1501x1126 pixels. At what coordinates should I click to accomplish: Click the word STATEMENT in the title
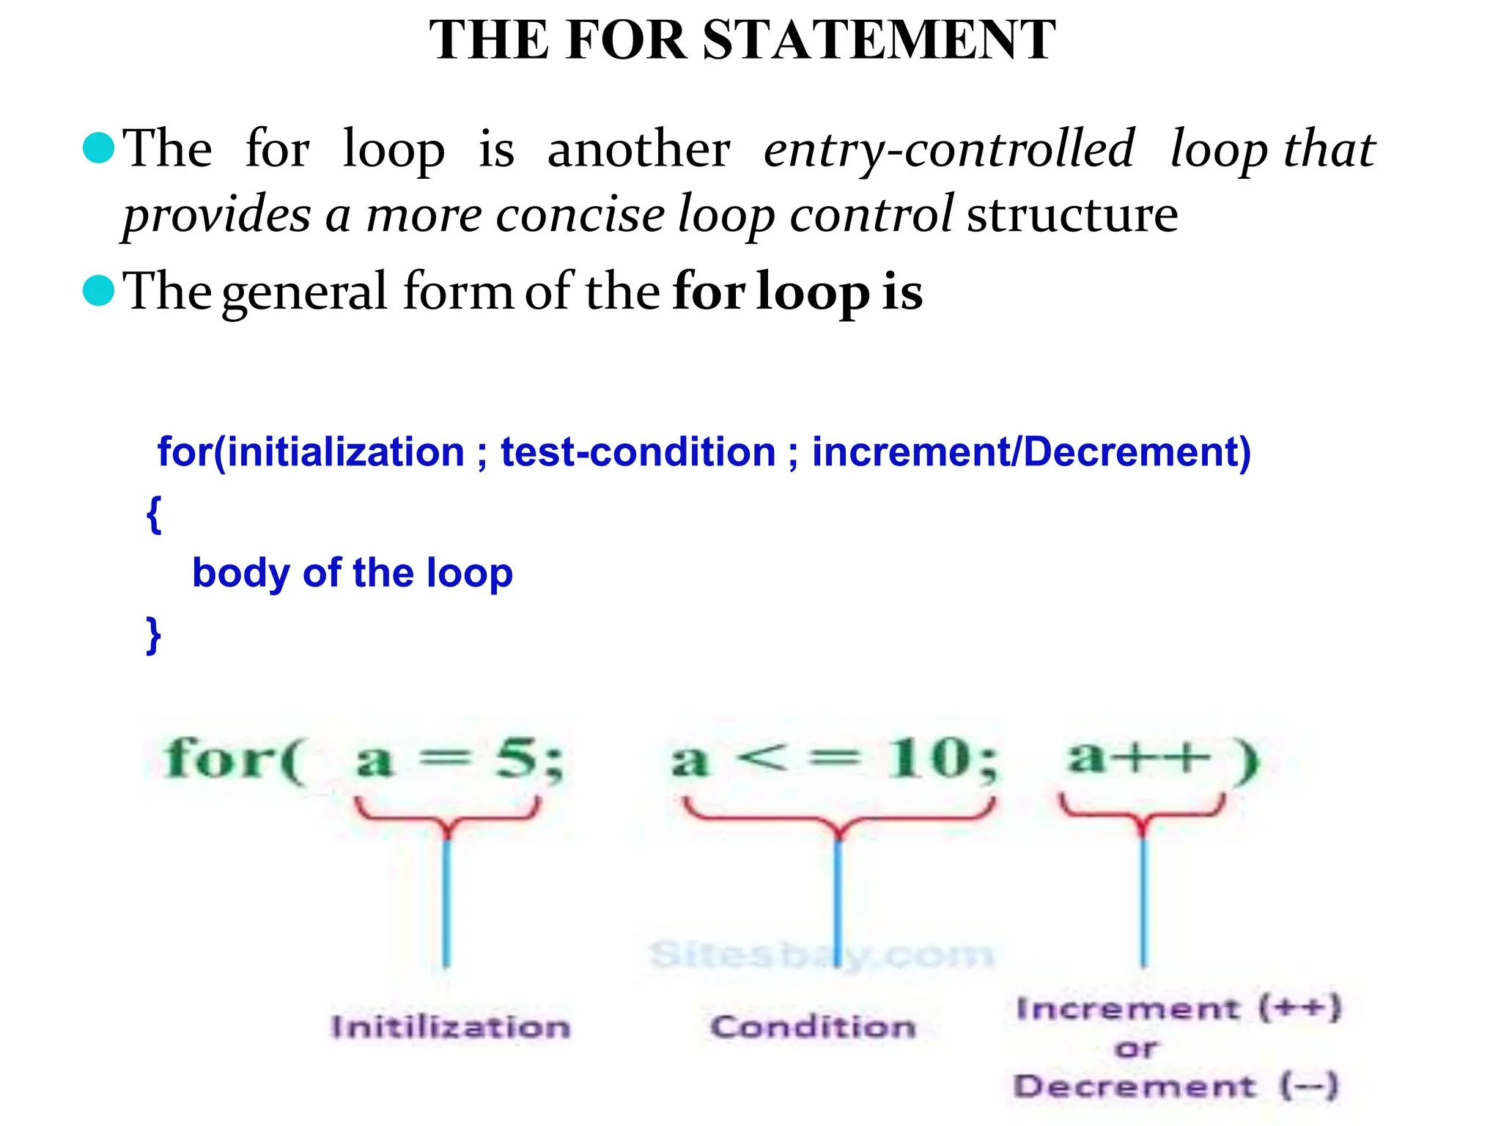(x=879, y=40)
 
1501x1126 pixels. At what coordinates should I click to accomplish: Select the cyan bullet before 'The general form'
(x=99, y=290)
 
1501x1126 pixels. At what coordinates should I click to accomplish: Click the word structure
(x=1072, y=216)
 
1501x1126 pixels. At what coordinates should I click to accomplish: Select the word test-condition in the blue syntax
(x=638, y=452)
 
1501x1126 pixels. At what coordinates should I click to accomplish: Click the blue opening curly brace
(x=153, y=514)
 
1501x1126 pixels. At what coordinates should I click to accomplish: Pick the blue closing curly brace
(x=153, y=635)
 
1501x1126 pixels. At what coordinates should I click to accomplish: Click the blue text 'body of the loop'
(x=352, y=573)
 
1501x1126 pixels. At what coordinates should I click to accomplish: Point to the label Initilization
(x=450, y=1027)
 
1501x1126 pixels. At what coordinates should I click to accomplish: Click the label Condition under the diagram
(x=813, y=1027)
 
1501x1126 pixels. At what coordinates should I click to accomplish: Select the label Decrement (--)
(x=1176, y=1086)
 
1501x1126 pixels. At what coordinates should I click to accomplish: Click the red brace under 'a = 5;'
(x=447, y=817)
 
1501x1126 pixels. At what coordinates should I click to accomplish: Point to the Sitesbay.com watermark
(x=821, y=954)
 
